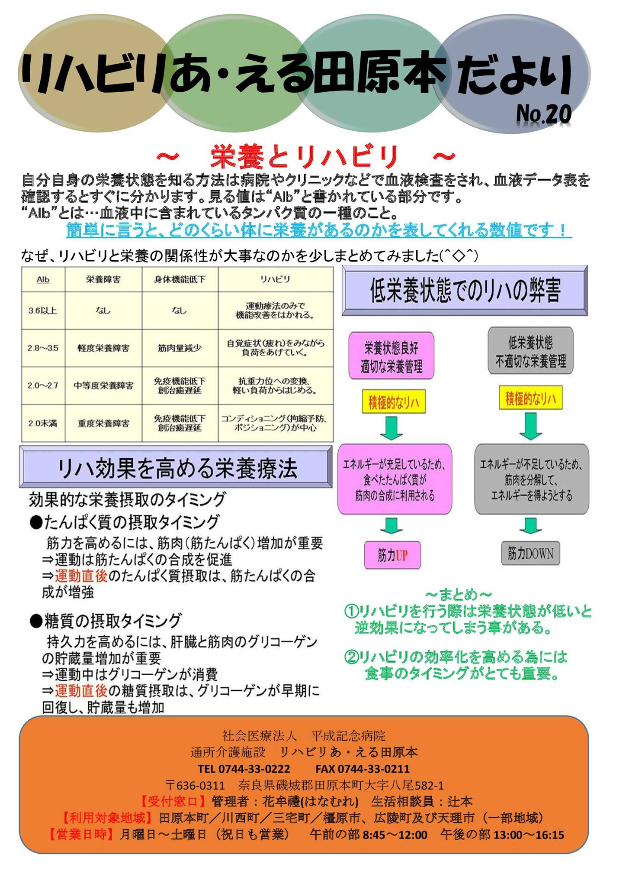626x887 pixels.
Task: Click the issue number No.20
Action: click(544, 114)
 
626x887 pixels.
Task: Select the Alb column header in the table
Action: click(43, 280)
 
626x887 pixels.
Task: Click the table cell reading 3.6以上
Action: click(43, 311)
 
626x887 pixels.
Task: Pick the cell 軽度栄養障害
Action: click(103, 348)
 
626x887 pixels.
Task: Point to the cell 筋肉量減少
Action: click(180, 348)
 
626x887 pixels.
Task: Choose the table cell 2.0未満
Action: click(43, 424)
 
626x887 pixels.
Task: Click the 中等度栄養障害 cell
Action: click(103, 385)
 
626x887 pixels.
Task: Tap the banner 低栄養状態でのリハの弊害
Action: click(465, 290)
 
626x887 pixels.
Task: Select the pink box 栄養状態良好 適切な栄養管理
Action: click(392, 356)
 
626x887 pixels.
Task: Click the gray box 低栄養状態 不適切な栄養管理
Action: click(531, 351)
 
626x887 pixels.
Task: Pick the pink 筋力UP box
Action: click(392, 555)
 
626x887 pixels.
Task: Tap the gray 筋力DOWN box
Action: click(530, 553)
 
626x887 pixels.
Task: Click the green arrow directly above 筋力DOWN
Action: click(530, 526)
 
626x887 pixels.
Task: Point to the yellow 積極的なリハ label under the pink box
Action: click(394, 402)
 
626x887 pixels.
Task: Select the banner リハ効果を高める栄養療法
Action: click(176, 468)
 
